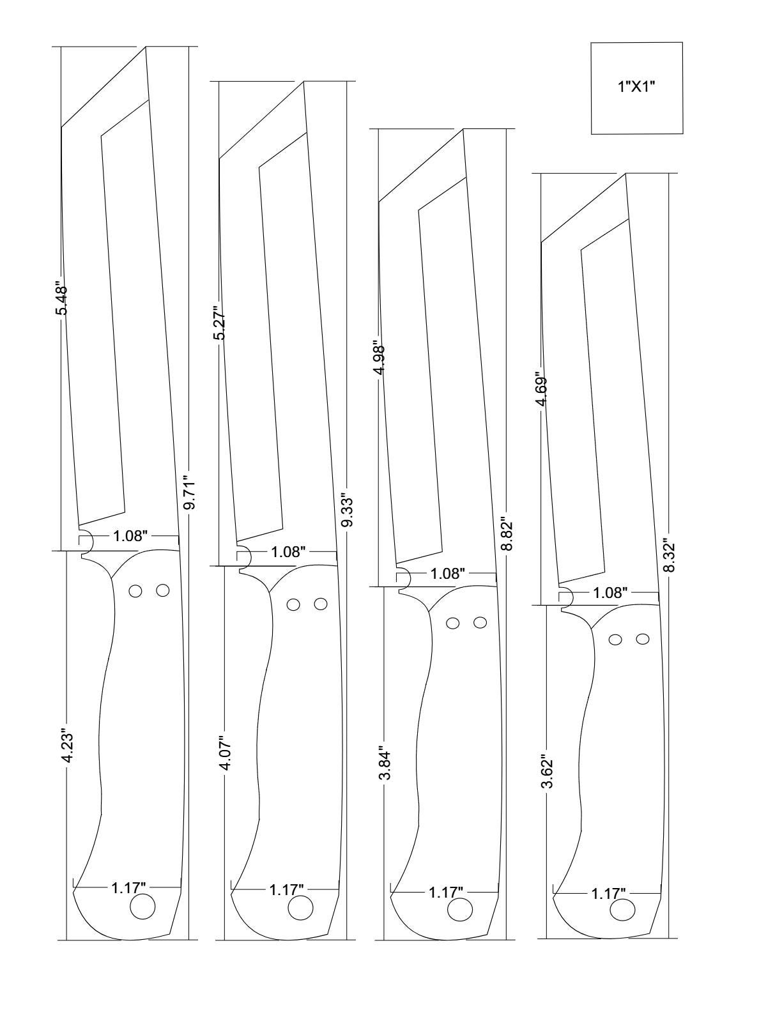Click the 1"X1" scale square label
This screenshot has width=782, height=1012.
click(637, 88)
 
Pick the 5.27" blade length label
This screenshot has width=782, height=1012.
click(220, 325)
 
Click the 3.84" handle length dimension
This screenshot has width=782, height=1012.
click(384, 765)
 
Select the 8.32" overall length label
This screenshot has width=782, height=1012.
click(668, 556)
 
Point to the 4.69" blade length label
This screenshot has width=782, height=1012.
click(542, 389)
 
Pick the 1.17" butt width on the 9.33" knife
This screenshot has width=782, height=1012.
click(286, 889)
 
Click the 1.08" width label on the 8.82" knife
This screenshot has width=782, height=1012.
click(448, 574)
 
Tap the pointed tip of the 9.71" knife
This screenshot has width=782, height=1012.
click(146, 47)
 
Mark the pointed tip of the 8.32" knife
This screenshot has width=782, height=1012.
click(625, 174)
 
